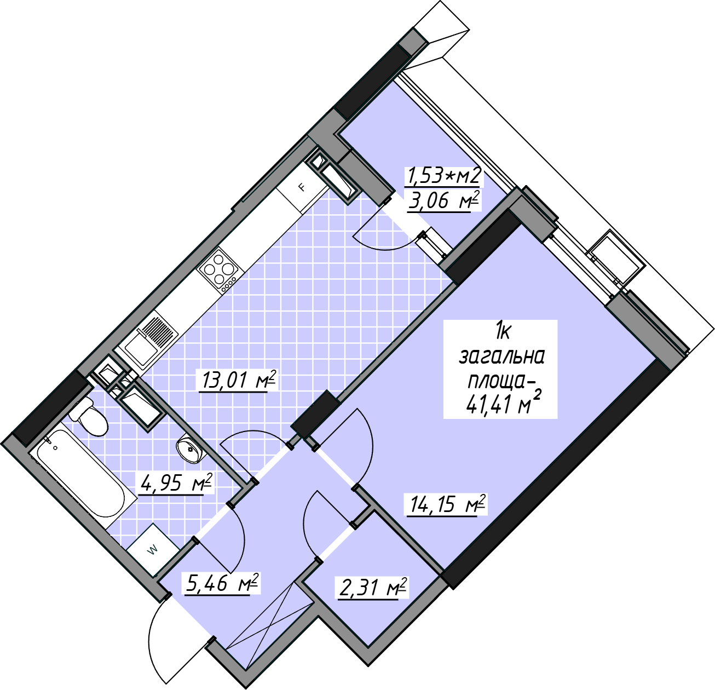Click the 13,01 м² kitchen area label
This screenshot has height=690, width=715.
[238, 380]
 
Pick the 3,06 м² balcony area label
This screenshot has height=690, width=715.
[444, 200]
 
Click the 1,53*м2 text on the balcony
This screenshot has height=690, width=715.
[443, 176]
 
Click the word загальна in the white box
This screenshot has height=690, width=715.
[501, 357]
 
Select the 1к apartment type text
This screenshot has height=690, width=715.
[502, 333]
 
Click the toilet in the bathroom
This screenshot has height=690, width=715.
[90, 418]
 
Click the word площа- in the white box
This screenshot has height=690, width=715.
[501, 381]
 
